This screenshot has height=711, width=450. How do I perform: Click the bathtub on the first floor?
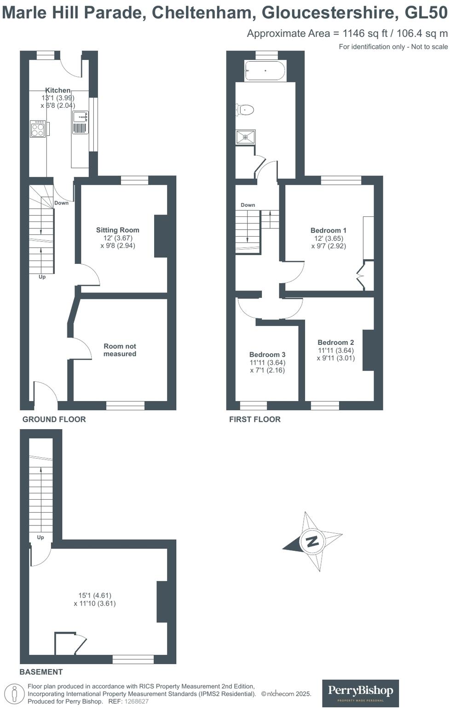[265, 71]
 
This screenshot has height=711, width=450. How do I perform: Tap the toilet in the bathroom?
[245, 110]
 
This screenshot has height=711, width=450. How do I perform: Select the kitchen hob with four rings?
[38, 129]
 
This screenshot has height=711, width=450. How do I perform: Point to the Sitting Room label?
[117, 230]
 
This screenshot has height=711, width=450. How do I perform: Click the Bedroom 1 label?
[329, 230]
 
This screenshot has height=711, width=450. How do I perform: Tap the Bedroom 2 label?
[336, 342]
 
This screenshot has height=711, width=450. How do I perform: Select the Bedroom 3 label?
[267, 355]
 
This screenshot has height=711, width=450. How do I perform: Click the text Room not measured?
[120, 350]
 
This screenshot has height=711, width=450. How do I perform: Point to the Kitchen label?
[58, 90]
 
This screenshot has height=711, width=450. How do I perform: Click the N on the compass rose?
[312, 541]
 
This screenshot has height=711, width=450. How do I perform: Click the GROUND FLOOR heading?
[54, 419]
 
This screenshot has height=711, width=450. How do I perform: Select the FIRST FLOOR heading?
[255, 419]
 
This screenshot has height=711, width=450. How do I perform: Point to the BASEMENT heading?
[41, 672]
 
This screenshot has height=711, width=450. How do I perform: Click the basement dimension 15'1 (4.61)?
[95, 595]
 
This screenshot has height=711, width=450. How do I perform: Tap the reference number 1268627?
[137, 701]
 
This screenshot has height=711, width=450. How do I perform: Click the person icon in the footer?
[14, 694]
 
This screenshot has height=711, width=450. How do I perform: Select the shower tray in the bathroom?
[246, 137]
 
